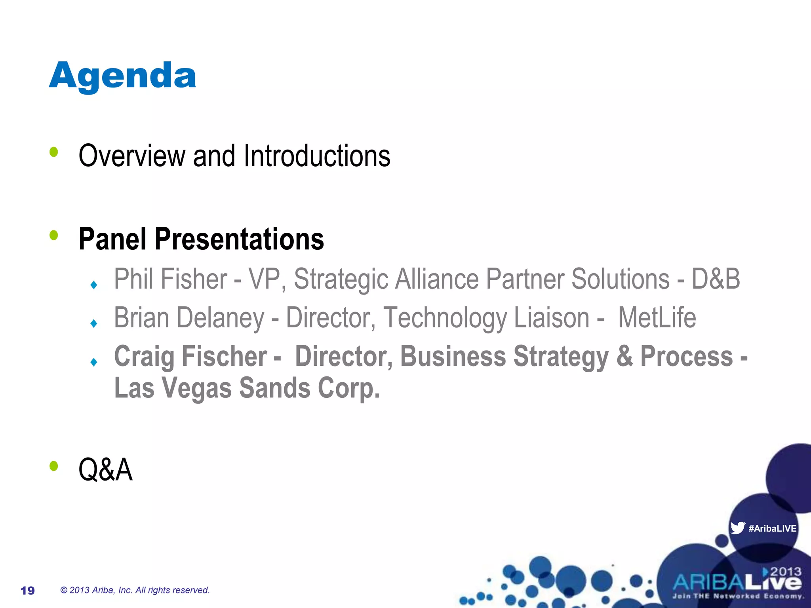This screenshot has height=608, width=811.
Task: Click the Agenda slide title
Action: [122, 76]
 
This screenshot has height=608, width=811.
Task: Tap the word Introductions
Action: [317, 156]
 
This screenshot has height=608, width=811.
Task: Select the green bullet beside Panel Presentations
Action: [54, 236]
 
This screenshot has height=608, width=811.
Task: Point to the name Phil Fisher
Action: [170, 279]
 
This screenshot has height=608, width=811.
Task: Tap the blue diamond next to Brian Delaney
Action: [94, 323]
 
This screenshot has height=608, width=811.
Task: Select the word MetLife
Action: [657, 318]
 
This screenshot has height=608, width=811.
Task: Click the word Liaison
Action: [552, 318]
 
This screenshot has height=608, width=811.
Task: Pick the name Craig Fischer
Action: [190, 356]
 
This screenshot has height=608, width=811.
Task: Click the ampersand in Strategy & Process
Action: [624, 356]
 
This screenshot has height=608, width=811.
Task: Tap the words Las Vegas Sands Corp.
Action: [247, 388]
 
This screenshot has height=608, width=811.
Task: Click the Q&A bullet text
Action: [105, 469]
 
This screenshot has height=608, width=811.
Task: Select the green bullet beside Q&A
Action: [54, 466]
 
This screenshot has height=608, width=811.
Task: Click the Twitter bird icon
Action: [737, 528]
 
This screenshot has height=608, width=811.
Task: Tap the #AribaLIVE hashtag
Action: [772, 528]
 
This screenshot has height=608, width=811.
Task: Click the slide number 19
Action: [27, 591]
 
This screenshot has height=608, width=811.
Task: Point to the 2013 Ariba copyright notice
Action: [135, 590]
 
